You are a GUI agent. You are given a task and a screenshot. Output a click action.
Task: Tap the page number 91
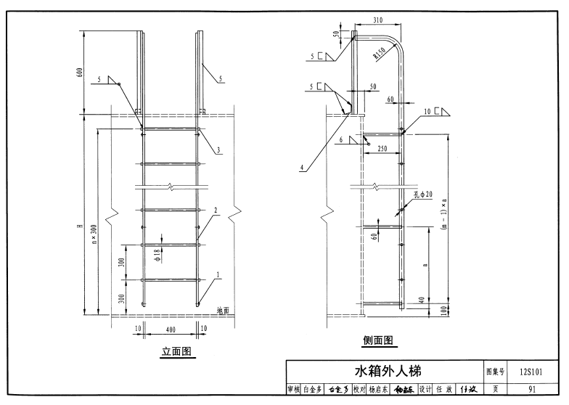click(x=531, y=389)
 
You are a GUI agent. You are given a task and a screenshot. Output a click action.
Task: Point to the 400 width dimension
click(x=171, y=329)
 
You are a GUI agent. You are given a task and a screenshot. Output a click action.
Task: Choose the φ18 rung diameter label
click(x=157, y=252)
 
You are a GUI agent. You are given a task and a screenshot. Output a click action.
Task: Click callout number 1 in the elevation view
click(x=218, y=274)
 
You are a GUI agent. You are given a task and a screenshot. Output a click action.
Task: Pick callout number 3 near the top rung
click(x=218, y=150)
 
